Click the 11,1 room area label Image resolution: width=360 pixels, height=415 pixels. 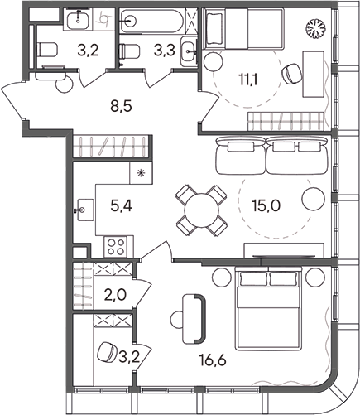(248, 80)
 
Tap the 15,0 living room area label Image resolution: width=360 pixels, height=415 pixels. (266, 205)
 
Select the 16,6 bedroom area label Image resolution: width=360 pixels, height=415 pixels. (213, 360)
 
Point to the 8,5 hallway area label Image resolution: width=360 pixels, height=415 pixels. (121, 106)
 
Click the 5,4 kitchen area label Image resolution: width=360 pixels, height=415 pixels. (121, 205)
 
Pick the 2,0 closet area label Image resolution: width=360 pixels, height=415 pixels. (115, 295)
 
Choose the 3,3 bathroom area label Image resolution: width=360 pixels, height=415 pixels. (165, 51)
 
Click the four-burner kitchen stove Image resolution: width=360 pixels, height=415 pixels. (116, 247)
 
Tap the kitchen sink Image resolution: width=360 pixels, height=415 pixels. (85, 210)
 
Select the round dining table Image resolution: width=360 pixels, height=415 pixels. (201, 210)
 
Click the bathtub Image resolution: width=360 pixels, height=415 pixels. (151, 22)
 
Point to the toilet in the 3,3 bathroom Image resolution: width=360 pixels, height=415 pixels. (129, 51)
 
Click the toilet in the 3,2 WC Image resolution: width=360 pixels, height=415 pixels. (47, 50)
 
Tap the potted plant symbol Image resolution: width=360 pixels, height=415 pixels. (314, 27)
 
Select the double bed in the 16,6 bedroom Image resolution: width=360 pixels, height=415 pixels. (267, 308)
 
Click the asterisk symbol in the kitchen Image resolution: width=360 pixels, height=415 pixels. (141, 173)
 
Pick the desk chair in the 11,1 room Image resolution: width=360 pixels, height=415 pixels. (291, 73)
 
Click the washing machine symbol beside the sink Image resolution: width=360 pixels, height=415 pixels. (103, 19)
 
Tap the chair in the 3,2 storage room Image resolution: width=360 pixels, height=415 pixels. (107, 352)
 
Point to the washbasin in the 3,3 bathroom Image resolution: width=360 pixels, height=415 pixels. (189, 51)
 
